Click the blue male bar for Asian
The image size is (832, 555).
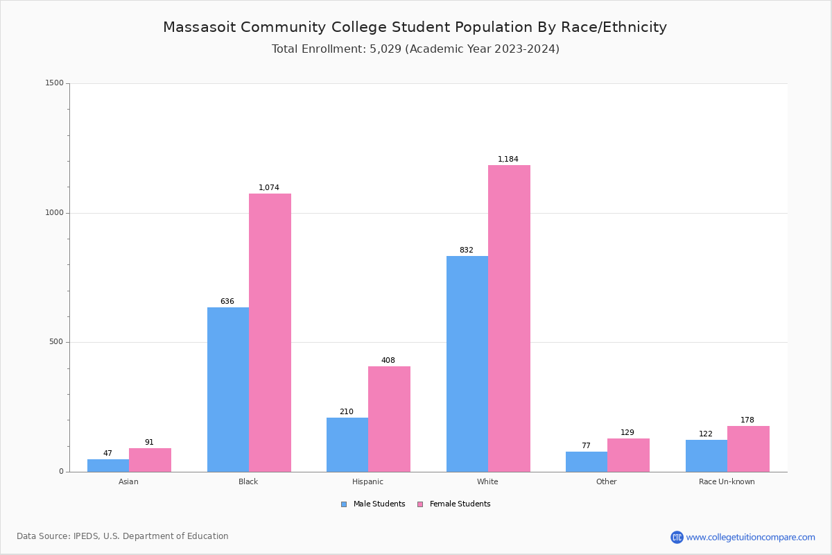[x=108, y=466]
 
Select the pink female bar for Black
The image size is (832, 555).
[x=270, y=333]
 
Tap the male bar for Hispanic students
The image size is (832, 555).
[x=347, y=445]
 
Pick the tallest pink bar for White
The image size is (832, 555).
[x=509, y=318]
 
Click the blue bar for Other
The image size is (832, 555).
[x=587, y=462]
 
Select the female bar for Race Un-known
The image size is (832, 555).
[x=748, y=449]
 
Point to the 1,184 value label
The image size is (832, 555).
[x=508, y=160]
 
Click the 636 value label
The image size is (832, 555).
[x=227, y=302]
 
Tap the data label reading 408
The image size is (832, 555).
[x=388, y=361]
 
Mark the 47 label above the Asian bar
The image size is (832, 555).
[x=107, y=454]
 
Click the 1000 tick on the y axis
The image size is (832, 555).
[x=55, y=213]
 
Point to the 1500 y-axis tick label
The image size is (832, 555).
[x=55, y=83]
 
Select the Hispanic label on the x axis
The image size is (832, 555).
[x=367, y=481]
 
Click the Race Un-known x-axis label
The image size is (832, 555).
[x=727, y=481]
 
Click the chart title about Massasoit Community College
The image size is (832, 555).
[x=415, y=28]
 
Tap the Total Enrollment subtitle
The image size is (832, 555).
[x=415, y=49]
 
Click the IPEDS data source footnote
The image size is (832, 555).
[x=123, y=536]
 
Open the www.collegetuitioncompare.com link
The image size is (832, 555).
[x=750, y=537]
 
